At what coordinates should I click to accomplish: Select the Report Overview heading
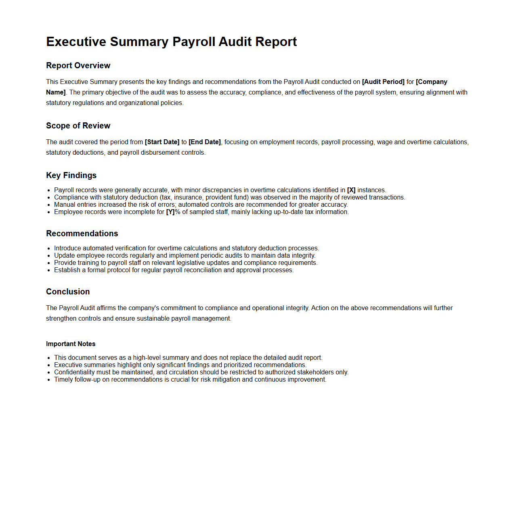(x=78, y=65)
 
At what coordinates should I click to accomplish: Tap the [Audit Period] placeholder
(x=383, y=82)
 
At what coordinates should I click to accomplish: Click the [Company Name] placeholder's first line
(x=432, y=82)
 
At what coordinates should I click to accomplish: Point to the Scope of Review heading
(x=78, y=126)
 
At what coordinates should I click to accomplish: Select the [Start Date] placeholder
(x=162, y=142)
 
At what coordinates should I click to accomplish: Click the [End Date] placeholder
(x=205, y=142)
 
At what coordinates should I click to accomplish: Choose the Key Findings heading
(x=71, y=175)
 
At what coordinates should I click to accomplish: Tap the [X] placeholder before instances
(x=351, y=190)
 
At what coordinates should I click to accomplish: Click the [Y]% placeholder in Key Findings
(x=173, y=212)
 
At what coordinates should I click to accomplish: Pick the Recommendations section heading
(x=82, y=233)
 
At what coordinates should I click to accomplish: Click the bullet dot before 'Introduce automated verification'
(x=49, y=248)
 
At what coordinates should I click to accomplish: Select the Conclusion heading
(x=68, y=292)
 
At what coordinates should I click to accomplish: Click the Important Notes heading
(x=71, y=344)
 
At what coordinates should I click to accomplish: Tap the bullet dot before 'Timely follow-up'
(x=49, y=380)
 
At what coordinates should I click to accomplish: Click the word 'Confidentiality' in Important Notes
(x=75, y=372)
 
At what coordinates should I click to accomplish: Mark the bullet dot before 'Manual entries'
(x=49, y=205)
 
